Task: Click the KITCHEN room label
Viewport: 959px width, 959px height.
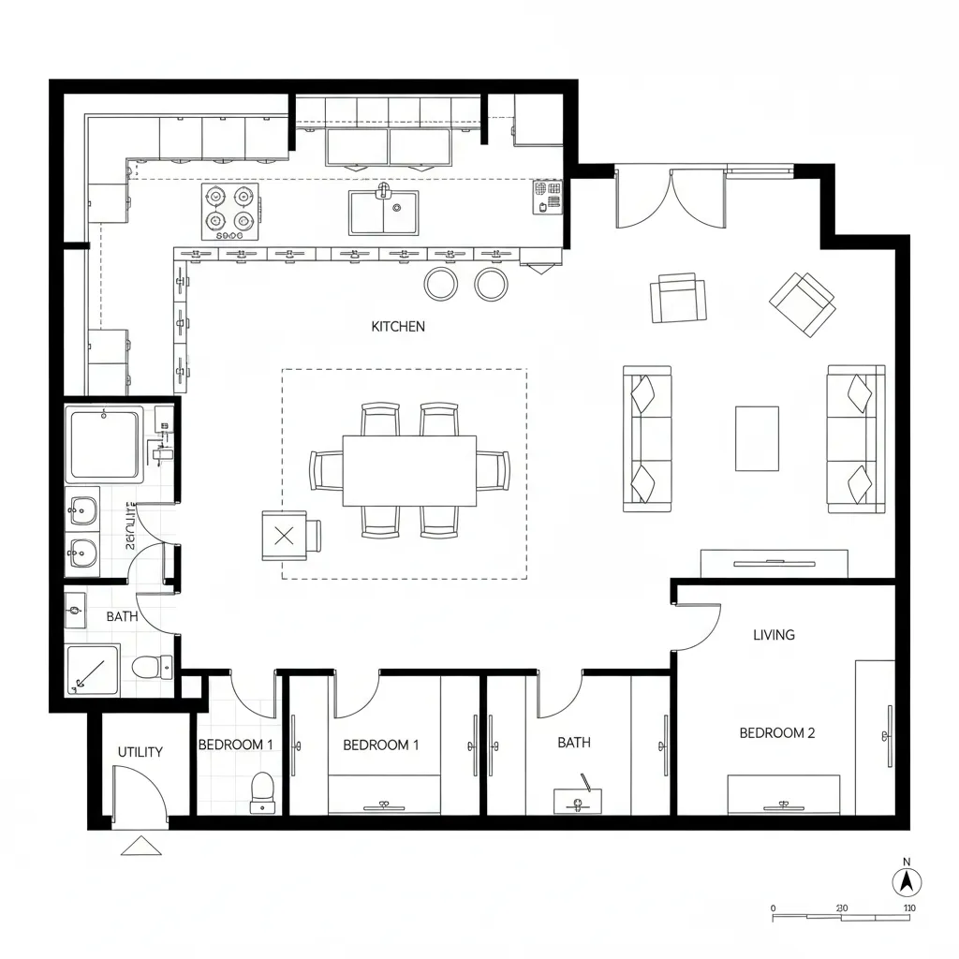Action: pos(398,327)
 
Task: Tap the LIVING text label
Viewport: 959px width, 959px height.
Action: pos(774,635)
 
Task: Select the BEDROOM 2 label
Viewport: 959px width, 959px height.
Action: pos(776,733)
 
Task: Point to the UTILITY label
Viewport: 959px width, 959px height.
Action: pos(140,752)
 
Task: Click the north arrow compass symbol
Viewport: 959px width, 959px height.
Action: pos(906,880)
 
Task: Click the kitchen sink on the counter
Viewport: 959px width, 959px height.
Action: pos(384,213)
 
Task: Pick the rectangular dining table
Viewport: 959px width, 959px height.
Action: pos(409,470)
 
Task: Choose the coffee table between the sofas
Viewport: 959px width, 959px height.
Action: pos(757,438)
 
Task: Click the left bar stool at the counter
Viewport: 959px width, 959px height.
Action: pos(440,284)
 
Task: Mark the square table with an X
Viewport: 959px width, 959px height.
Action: pos(286,536)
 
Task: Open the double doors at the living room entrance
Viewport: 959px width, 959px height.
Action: pos(671,199)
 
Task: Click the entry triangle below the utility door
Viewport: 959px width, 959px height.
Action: pos(141,846)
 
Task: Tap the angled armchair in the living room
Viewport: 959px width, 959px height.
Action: pos(803,303)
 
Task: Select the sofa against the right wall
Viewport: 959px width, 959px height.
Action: pos(855,439)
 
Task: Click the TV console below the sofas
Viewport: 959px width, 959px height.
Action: pos(775,564)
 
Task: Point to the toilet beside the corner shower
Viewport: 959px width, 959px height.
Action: pos(152,667)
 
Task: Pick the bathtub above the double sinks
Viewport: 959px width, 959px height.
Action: pos(104,444)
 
